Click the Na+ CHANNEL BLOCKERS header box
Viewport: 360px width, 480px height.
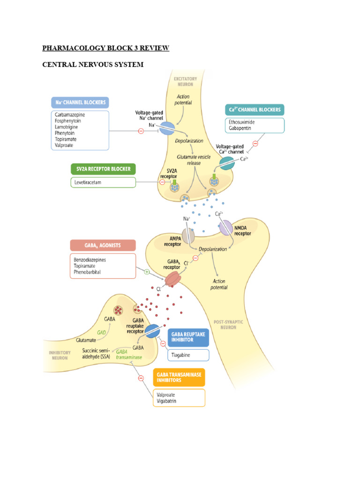[x=80, y=103]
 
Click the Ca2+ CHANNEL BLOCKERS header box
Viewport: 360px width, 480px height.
[x=254, y=110]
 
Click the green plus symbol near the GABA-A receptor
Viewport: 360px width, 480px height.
[x=147, y=271]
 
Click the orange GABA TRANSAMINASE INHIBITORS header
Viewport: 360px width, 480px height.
[x=179, y=377]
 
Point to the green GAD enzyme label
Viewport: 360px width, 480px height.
[x=101, y=331]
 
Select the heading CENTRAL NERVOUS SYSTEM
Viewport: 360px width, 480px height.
[x=93, y=64]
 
